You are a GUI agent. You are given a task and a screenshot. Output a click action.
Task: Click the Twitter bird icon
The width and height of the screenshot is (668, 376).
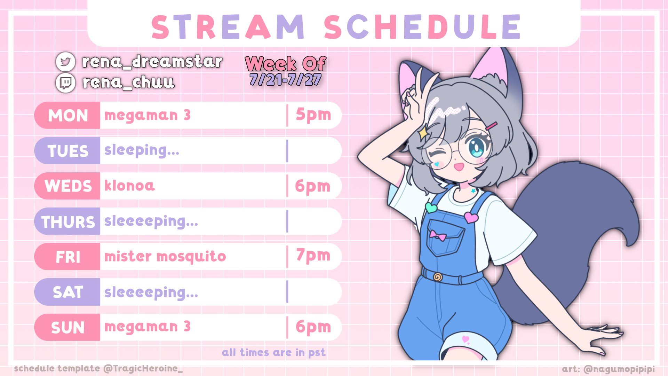pyautogui.click(x=65, y=62)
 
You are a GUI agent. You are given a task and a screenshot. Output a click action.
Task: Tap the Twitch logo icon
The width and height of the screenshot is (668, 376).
pyautogui.click(x=65, y=83)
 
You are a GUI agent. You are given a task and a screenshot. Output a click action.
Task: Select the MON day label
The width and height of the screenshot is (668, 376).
pyautogui.click(x=68, y=116)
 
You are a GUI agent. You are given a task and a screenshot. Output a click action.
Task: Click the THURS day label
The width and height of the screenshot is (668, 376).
pyautogui.click(x=68, y=222)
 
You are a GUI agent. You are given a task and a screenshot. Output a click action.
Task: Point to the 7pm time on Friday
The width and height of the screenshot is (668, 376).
pyautogui.click(x=313, y=256)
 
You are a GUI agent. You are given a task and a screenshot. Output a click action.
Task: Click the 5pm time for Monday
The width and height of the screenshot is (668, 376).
pyautogui.click(x=313, y=115)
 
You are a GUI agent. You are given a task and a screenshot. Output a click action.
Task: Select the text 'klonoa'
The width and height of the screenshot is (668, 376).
pyautogui.click(x=129, y=186)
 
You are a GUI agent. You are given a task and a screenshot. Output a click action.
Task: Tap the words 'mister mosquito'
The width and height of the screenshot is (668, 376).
pyautogui.click(x=165, y=257)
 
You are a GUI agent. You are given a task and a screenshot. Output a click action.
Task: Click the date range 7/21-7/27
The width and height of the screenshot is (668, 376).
pyautogui.click(x=285, y=80)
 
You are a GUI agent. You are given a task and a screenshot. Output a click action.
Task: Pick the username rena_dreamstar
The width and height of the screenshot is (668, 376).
pyautogui.click(x=152, y=62)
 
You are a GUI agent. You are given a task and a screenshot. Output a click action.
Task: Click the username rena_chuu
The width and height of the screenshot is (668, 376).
pyautogui.click(x=128, y=83)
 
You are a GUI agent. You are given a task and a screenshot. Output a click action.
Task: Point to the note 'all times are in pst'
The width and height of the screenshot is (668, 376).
pyautogui.click(x=274, y=353)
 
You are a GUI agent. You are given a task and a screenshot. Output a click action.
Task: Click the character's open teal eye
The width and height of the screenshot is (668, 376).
pyautogui.click(x=476, y=148)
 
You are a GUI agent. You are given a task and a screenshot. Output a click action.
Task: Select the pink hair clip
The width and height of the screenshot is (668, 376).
pyautogui.click(x=492, y=126)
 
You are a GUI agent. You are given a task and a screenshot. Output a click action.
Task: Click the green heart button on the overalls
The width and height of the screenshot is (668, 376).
pyautogui.click(x=431, y=208)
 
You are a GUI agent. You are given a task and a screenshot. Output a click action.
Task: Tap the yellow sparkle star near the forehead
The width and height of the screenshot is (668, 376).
pyautogui.click(x=423, y=133)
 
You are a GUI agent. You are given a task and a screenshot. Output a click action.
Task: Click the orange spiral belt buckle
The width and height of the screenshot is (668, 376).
pyautogui.click(x=438, y=277)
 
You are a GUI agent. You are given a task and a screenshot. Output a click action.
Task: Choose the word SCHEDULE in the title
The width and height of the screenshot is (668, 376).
pyautogui.click(x=422, y=27)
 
